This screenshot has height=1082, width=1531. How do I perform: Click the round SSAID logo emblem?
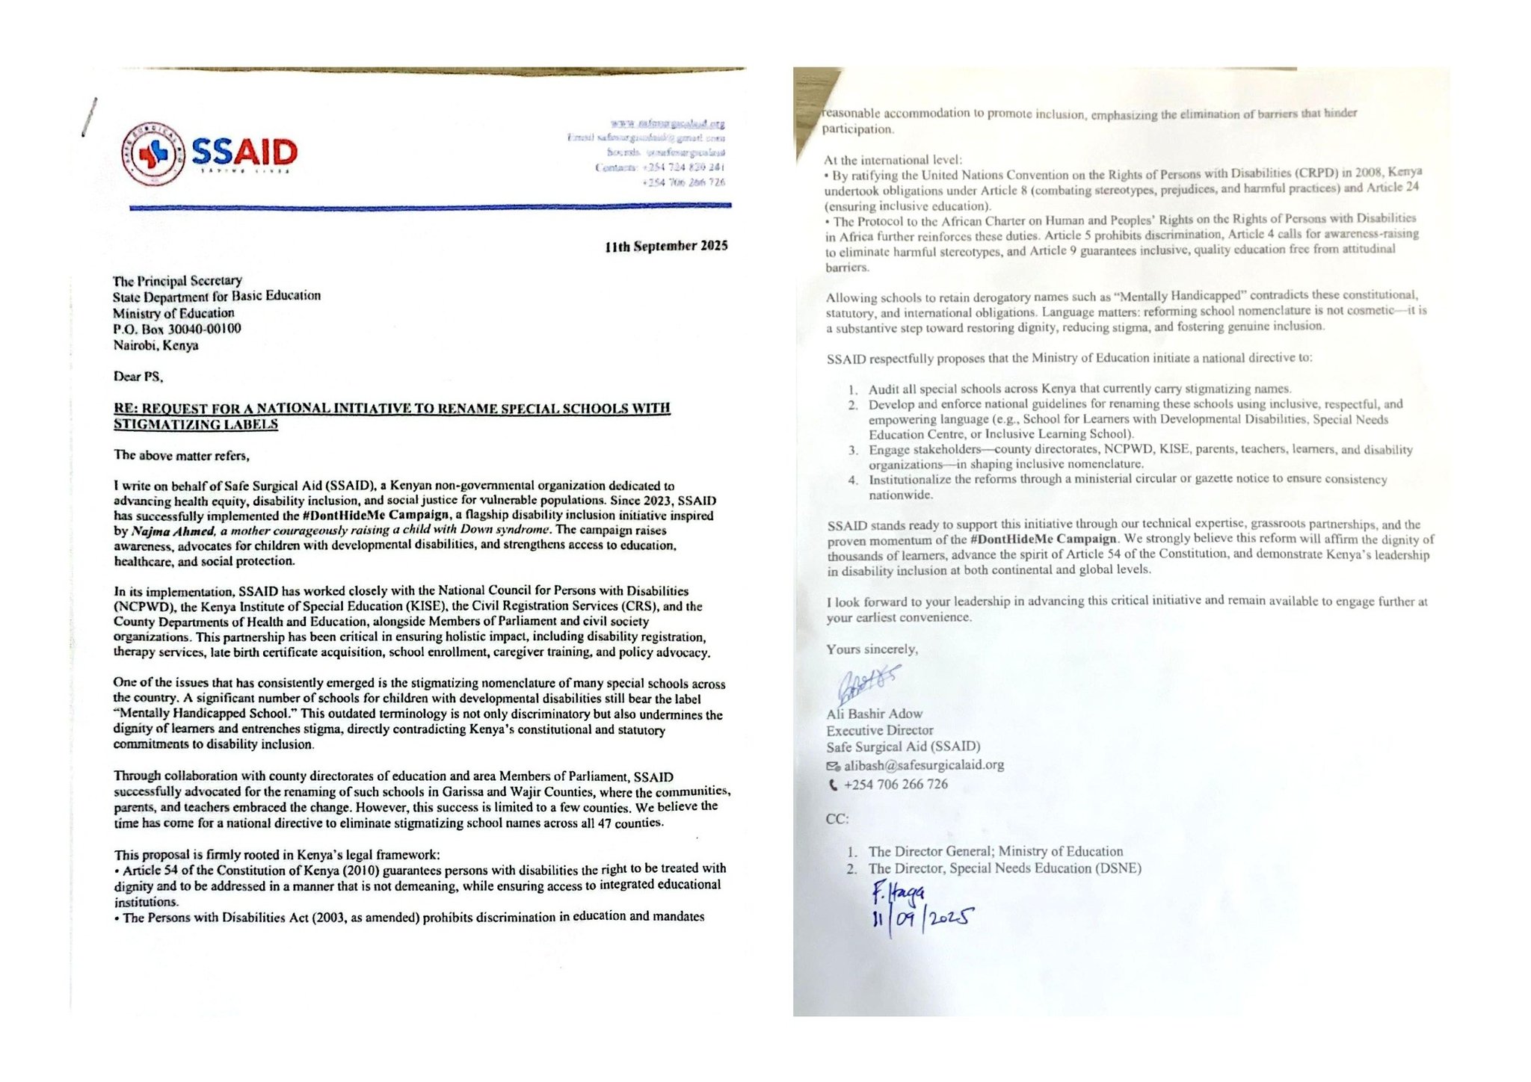coord(153,153)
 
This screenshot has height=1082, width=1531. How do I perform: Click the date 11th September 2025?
coord(666,246)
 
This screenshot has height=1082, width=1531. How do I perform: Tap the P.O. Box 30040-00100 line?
coord(177,329)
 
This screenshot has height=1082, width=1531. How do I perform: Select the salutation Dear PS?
coord(138,377)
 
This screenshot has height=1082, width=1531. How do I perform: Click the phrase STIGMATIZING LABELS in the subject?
coord(196,424)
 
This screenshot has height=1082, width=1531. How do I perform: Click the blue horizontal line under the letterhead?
coord(430,205)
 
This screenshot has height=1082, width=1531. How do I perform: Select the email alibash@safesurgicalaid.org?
coord(924,765)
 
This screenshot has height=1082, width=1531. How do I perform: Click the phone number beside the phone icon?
coord(896,785)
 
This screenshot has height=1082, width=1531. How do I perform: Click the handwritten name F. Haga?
coord(898,892)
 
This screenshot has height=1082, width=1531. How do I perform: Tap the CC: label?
coord(837,819)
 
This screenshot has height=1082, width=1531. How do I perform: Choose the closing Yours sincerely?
coord(872,649)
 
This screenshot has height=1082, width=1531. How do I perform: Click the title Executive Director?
coord(879,730)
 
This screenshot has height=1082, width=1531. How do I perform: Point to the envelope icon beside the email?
coord(833,766)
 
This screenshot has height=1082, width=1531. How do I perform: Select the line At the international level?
coord(893,160)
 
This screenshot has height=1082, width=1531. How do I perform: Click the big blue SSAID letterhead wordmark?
coord(244,152)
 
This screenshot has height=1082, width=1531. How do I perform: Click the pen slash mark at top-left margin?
coord(89,117)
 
